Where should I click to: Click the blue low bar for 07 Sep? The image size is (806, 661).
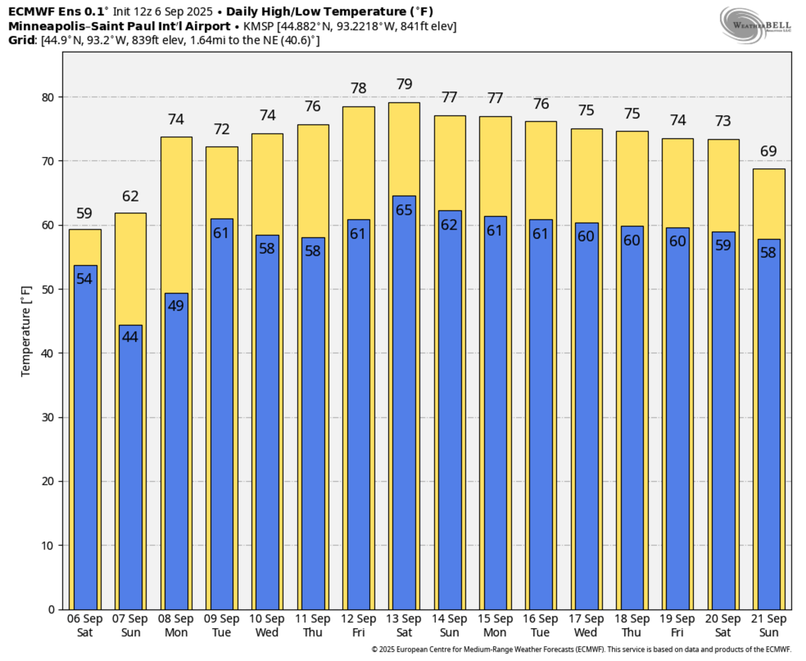(x=130, y=470)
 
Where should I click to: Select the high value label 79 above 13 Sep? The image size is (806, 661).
(x=404, y=85)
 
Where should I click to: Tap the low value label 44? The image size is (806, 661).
(x=130, y=337)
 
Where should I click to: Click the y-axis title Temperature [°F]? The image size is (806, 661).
(x=26, y=331)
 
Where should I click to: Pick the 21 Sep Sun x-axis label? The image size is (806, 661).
(x=768, y=625)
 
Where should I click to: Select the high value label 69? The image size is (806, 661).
(x=768, y=151)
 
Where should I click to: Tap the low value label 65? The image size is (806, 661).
(x=404, y=209)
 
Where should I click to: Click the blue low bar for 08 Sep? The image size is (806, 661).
(x=176, y=456)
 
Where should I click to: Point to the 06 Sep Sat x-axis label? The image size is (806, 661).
(x=85, y=625)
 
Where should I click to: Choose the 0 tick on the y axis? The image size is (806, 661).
(x=52, y=609)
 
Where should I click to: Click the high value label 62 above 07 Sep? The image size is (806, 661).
(x=130, y=197)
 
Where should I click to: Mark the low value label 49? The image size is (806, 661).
(x=176, y=306)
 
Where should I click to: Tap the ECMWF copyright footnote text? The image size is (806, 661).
(x=581, y=650)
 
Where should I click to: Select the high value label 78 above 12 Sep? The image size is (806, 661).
(x=358, y=89)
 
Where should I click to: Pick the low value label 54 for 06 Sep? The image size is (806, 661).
(x=85, y=278)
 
